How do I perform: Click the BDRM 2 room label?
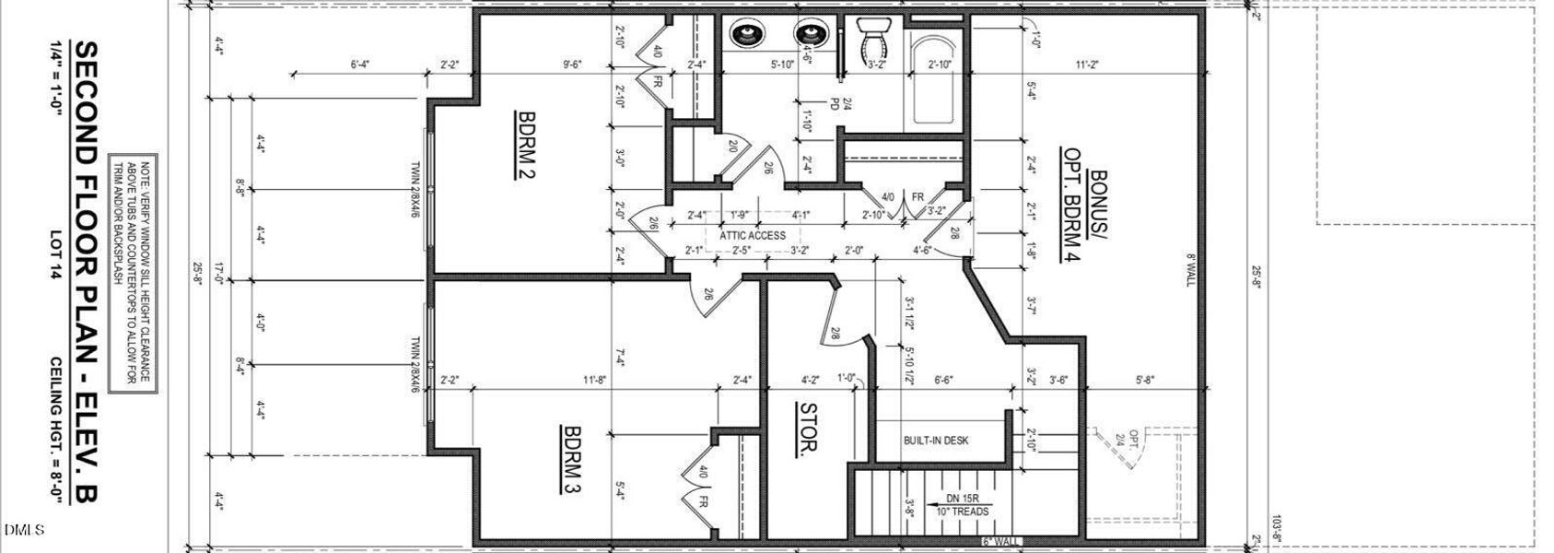point(527,144)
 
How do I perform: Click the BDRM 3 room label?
point(571,459)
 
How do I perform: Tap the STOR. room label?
point(808,429)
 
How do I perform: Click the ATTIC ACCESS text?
point(753,235)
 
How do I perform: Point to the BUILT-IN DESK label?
point(936,441)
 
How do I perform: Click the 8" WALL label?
point(1189,270)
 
